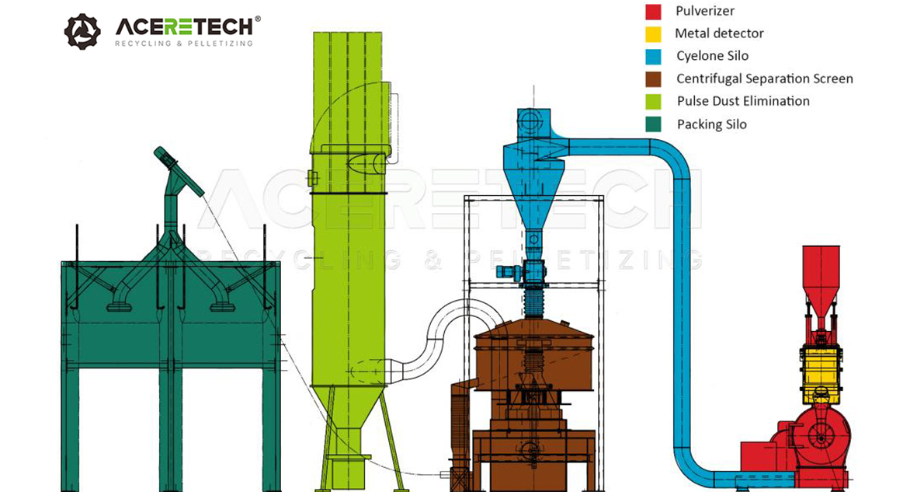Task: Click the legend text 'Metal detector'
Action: click(x=719, y=34)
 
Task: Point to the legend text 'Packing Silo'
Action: click(x=711, y=124)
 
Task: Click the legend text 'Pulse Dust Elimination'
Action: click(x=743, y=101)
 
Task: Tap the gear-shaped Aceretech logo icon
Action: click(x=82, y=31)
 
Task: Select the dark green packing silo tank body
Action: click(x=170, y=311)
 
